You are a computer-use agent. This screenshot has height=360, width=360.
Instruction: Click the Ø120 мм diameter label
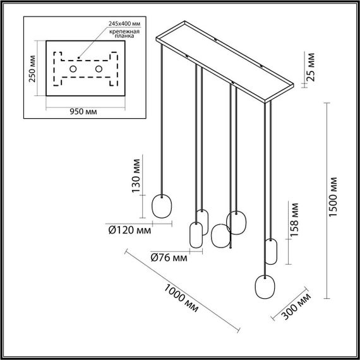point(129,231)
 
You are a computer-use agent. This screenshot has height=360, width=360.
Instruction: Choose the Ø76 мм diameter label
point(169,257)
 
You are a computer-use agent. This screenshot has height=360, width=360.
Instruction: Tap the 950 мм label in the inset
point(83,111)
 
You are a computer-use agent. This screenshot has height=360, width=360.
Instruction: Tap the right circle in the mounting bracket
point(99,68)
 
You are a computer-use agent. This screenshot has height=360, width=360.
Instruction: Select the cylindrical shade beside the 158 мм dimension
point(272,251)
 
